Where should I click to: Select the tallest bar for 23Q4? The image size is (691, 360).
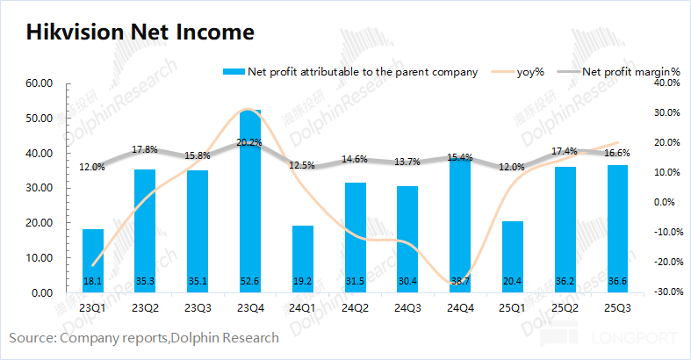click(x=251, y=202)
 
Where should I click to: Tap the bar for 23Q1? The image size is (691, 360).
click(x=93, y=261)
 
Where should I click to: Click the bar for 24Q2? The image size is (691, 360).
click(x=356, y=237)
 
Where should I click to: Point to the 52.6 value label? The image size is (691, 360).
click(x=251, y=281)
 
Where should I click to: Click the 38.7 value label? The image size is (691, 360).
click(x=461, y=281)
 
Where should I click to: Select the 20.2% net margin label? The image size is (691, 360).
click(x=250, y=142)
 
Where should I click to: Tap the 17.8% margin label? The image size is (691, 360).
click(x=145, y=149)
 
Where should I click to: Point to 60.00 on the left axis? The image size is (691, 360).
click(x=41, y=83)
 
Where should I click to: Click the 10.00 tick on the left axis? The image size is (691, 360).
click(x=41, y=258)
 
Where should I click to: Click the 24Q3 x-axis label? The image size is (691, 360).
click(x=408, y=308)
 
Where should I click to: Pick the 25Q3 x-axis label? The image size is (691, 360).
click(x=618, y=308)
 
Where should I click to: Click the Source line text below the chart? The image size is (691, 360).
click(x=144, y=337)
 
